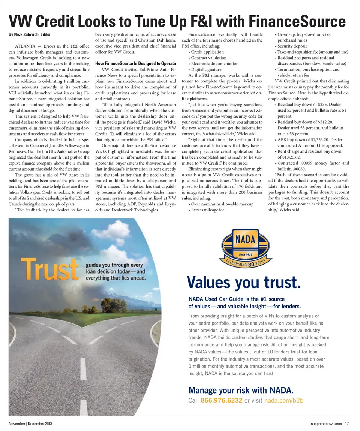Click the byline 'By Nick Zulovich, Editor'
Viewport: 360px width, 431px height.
[30, 34]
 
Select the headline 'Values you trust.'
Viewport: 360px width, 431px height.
[244, 281]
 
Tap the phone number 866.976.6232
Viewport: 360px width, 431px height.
[222, 400]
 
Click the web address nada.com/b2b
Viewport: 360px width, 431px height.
[284, 400]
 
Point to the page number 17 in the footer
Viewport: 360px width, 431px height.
[347, 424]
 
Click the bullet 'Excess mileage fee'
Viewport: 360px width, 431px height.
[207, 210]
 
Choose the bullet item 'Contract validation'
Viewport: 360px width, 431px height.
[208, 58]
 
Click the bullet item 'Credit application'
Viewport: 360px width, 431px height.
[207, 52]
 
